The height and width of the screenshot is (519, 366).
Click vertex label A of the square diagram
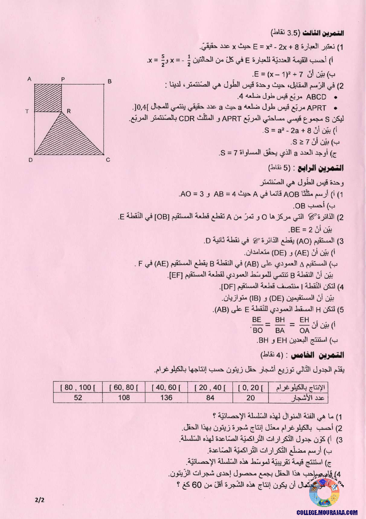[29, 79]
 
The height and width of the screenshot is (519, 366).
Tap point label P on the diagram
[63, 79]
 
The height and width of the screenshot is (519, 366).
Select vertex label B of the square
[110, 81]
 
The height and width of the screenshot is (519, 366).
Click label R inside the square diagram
[68, 110]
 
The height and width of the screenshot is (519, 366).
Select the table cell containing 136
[166, 397]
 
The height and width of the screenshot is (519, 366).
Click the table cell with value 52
[78, 397]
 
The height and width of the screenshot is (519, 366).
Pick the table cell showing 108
[124, 397]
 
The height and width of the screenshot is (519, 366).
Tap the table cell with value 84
[210, 397]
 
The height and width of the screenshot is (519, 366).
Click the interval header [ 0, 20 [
[250, 388]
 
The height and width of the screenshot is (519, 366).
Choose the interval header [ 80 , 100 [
[78, 388]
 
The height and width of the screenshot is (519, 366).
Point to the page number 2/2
[40, 500]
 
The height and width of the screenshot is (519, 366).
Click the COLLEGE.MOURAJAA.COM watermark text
[327, 512]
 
